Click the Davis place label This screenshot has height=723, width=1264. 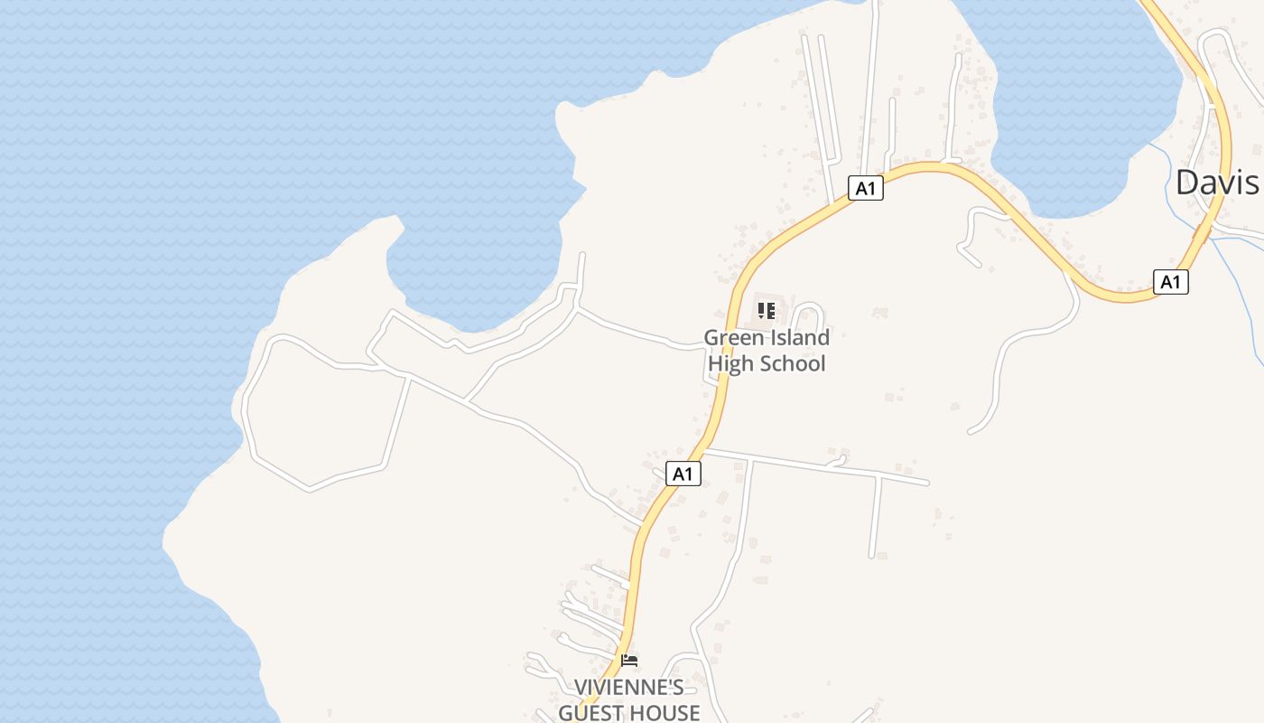[x=1216, y=183]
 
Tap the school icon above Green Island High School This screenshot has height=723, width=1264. [x=767, y=312]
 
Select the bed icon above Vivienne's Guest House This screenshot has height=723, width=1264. [x=629, y=661]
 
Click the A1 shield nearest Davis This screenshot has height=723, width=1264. [x=1170, y=282]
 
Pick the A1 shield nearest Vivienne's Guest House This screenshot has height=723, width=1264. [x=683, y=474]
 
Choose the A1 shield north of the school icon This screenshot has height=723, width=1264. [x=866, y=188]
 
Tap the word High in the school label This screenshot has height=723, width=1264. [x=730, y=363]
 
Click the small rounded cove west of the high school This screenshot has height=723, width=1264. [x=479, y=271]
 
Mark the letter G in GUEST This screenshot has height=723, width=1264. [x=567, y=713]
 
